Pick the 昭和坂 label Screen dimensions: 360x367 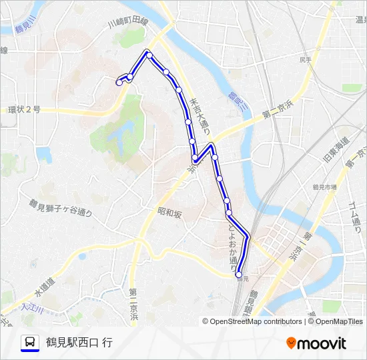[x=169, y=213]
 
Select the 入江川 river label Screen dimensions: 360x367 [x=32, y=309]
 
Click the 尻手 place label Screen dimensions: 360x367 [x=306, y=59]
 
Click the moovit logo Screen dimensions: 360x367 [x=316, y=343]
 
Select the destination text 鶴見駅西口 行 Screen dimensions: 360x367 [x=79, y=343]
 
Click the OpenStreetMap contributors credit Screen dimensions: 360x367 [x=256, y=321]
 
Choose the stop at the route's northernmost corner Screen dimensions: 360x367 [x=149, y=54]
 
